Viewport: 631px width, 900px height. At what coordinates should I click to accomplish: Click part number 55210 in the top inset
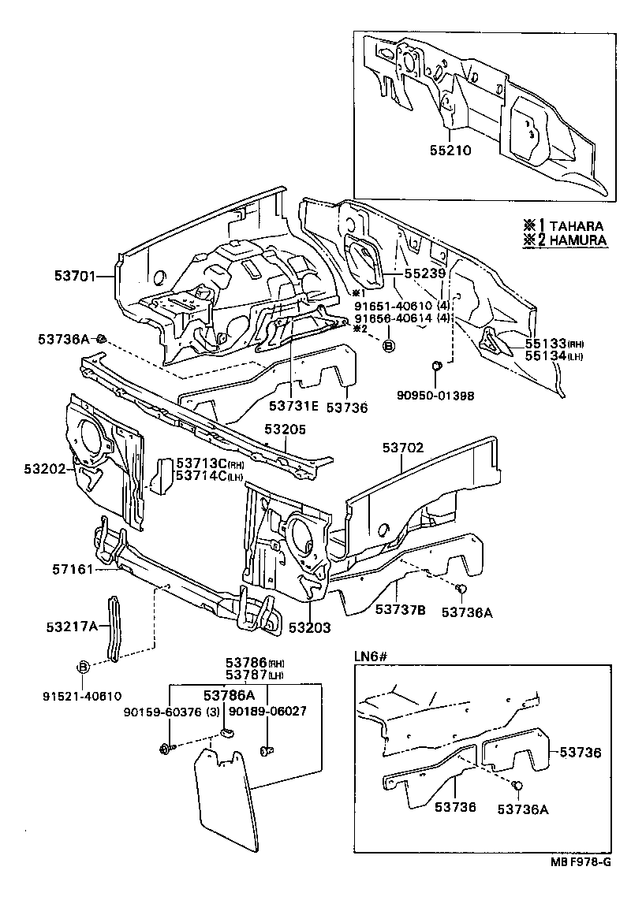tap(451, 149)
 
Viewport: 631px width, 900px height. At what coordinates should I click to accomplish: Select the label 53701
tap(75, 276)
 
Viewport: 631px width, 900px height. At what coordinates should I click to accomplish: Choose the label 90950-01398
tap(435, 395)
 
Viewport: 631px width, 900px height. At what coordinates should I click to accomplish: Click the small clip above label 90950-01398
tap(437, 366)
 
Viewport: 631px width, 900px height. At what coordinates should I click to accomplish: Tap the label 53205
tap(285, 430)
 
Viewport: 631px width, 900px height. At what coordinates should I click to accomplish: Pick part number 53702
tap(404, 447)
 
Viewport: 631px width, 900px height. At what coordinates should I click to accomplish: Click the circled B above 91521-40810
tap(83, 668)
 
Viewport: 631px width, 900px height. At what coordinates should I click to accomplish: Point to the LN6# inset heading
tap(368, 655)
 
